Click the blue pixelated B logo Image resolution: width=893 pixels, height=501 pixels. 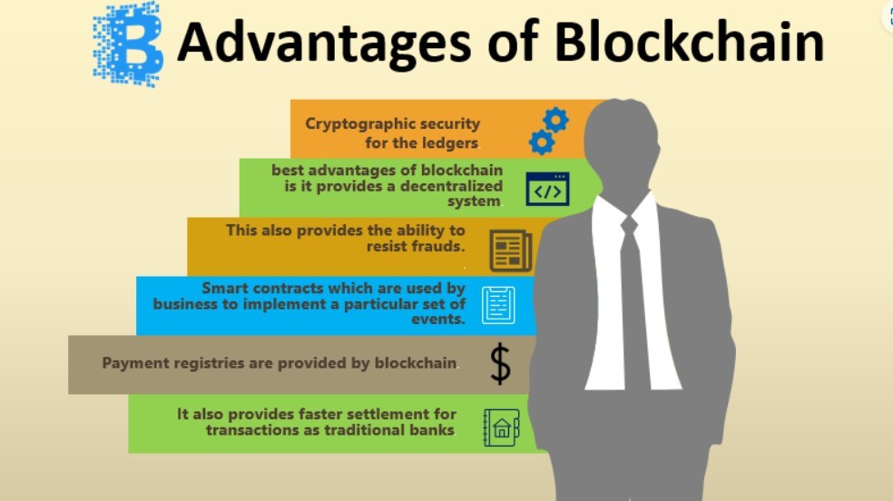click(128, 43)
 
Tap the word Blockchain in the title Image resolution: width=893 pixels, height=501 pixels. click(689, 41)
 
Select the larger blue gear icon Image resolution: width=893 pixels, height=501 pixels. click(555, 120)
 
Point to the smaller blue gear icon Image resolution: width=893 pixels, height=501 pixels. click(542, 142)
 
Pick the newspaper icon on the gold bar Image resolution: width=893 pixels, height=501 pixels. click(511, 251)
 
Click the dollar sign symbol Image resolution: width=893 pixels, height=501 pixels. click(500, 363)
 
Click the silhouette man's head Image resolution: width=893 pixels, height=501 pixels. click(622, 137)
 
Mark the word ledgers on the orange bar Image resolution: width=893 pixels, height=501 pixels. click(447, 142)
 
